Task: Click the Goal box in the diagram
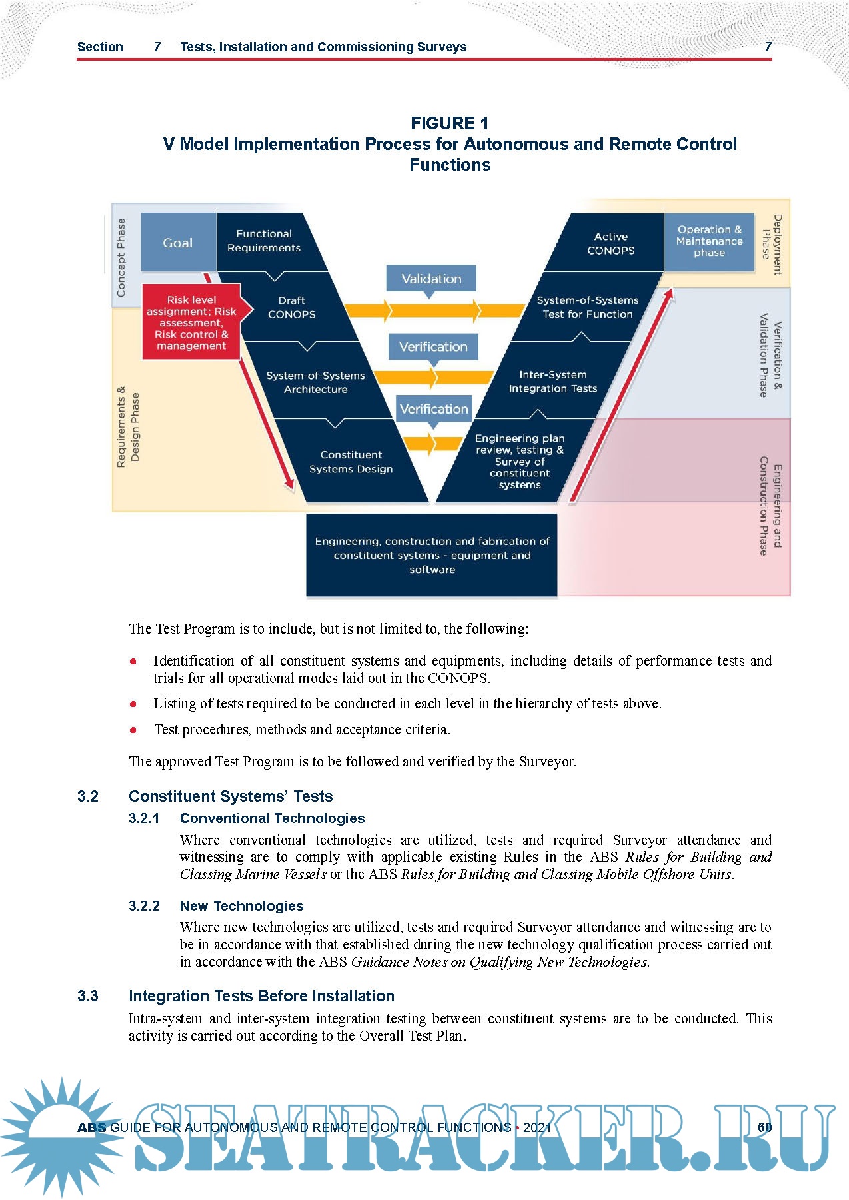tap(178, 243)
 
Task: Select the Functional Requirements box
tap(264, 241)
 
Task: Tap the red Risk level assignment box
tap(191, 322)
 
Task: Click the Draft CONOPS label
tap(291, 307)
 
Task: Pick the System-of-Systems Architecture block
tap(315, 382)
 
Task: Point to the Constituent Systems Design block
tap(351, 462)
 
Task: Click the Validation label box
tap(431, 279)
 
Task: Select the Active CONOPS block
tap(610, 243)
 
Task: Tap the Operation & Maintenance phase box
tap(709, 241)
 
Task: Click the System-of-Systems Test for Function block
tap(587, 307)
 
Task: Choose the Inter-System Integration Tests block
tap(552, 382)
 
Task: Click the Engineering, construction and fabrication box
tap(432, 555)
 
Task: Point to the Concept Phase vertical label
tap(121, 257)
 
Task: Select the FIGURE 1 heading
tap(450, 123)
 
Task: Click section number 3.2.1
tap(144, 818)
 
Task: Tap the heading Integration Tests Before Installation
tap(261, 996)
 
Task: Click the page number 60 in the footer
tap(764, 1127)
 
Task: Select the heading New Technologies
tap(241, 906)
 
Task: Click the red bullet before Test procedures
tap(133, 730)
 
